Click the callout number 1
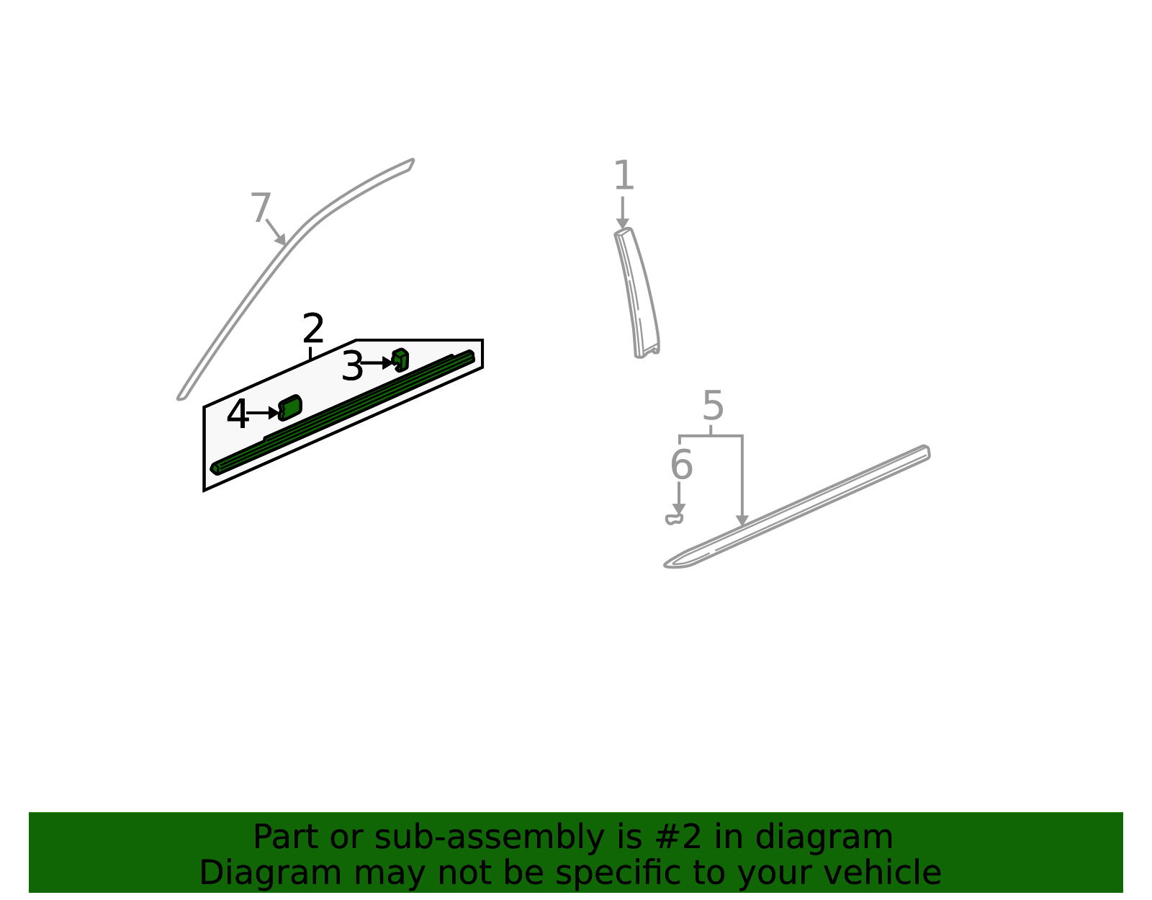click(x=624, y=177)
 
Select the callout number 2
click(x=313, y=329)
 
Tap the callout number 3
click(x=352, y=367)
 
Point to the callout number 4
click(x=237, y=415)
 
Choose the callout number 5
click(x=713, y=406)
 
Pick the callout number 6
click(x=681, y=465)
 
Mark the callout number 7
click(x=260, y=209)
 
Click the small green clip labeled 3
click(x=400, y=360)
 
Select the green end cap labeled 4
click(x=290, y=407)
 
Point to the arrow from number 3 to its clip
click(x=377, y=363)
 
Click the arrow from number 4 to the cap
click(x=262, y=413)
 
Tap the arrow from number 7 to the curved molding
click(x=276, y=232)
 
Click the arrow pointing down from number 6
click(x=679, y=499)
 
